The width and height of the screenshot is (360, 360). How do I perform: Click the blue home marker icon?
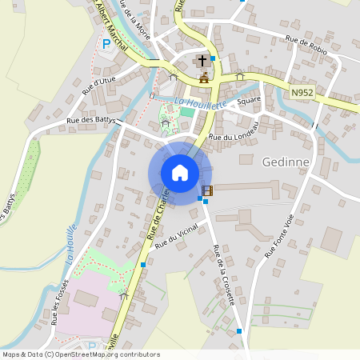pyautogui.click(x=180, y=173)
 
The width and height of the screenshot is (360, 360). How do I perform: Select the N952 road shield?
pyautogui.click(x=302, y=94)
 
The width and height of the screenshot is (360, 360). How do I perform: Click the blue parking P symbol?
pyautogui.click(x=106, y=44)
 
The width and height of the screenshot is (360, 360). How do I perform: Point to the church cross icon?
pyautogui.click(x=202, y=61)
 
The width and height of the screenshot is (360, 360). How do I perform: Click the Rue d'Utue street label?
pyautogui.click(x=99, y=84)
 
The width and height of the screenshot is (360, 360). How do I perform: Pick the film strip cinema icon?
pyautogui.click(x=207, y=190)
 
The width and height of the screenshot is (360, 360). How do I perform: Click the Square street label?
pyautogui.click(x=250, y=99)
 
